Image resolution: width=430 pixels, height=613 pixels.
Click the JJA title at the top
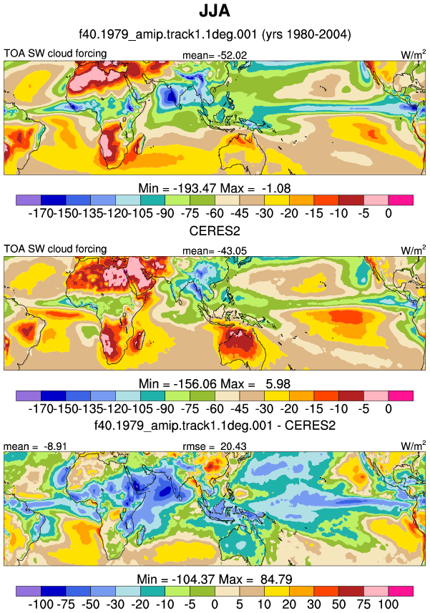(215, 11)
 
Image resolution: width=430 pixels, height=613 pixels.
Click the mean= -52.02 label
(215, 55)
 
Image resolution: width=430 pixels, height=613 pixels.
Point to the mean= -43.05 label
(215, 250)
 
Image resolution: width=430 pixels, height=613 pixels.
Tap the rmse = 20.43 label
(215, 446)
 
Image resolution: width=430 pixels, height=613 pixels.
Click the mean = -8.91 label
(35, 446)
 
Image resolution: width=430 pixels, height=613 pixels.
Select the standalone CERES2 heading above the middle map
(215, 230)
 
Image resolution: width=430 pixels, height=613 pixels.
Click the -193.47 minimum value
(195, 188)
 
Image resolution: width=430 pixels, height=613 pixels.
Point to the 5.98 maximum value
(278, 384)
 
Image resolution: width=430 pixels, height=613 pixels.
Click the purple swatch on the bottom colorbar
(29, 591)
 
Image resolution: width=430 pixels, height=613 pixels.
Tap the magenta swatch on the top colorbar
(401, 200)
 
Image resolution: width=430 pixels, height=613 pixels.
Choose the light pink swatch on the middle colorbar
(376, 396)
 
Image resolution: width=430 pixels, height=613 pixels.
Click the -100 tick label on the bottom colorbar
(41, 604)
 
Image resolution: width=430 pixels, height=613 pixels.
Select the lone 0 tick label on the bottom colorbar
(215, 604)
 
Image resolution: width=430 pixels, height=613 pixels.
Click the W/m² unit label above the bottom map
(414, 446)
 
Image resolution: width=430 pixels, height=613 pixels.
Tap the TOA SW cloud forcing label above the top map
(55, 53)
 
